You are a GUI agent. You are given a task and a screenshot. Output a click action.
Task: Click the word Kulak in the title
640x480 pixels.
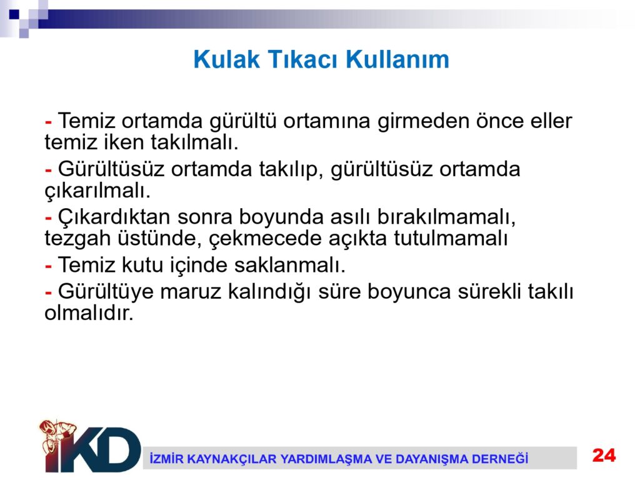[x=226, y=59]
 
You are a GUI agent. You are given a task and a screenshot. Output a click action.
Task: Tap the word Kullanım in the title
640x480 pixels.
[x=397, y=59]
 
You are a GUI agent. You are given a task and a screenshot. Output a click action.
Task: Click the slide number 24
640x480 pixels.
[x=604, y=455]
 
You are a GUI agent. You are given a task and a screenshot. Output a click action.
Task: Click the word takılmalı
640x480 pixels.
[x=194, y=142]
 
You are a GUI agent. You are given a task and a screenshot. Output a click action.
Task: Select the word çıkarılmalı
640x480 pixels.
[x=97, y=191]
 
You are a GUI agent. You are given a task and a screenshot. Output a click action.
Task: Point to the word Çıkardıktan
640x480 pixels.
[x=114, y=217]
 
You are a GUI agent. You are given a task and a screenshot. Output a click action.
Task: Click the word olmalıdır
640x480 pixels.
[x=89, y=313]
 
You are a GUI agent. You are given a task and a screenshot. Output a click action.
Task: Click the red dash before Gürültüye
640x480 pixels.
[x=48, y=294]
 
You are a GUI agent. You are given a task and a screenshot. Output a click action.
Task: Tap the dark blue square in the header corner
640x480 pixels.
[x=14, y=14]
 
